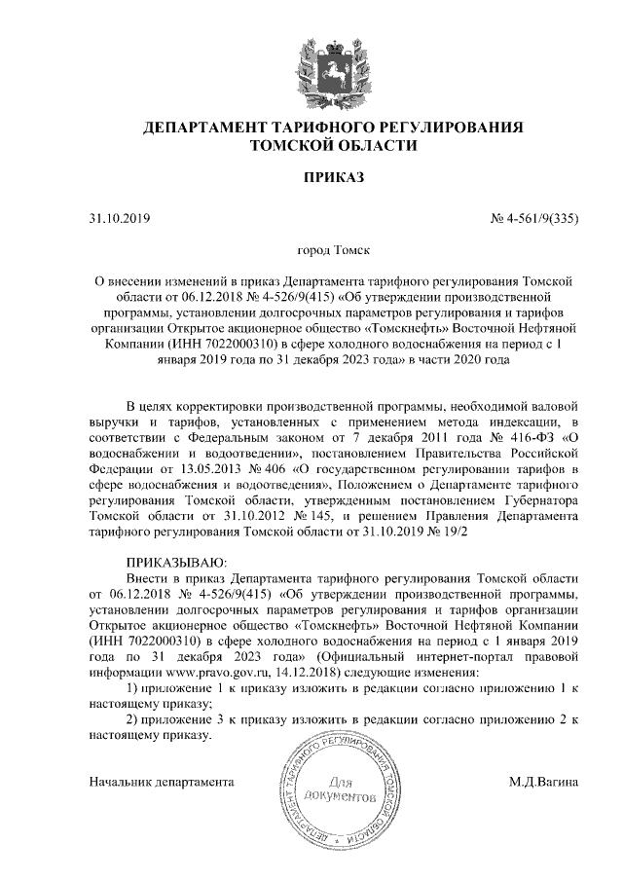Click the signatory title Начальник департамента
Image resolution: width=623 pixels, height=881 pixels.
point(162,781)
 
